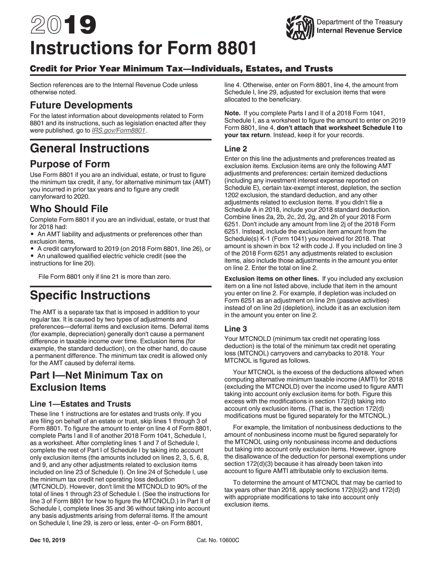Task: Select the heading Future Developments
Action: point(81,105)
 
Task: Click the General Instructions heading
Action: point(89,149)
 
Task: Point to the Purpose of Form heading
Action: point(70,164)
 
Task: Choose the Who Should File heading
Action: point(69,209)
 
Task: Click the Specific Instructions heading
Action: point(90,295)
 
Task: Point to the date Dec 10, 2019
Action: point(47,540)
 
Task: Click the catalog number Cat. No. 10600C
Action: point(218,540)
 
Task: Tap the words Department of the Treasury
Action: point(359,22)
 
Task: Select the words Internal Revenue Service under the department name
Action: point(359,31)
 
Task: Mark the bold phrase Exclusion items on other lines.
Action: point(271,279)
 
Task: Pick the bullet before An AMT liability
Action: point(32,234)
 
